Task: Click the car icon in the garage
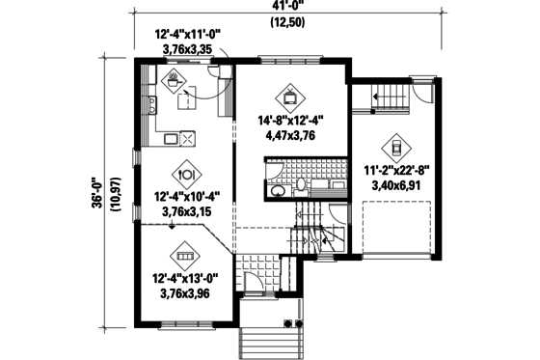(394, 147)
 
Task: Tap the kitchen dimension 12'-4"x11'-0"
(189, 34)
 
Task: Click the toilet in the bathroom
(301, 184)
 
